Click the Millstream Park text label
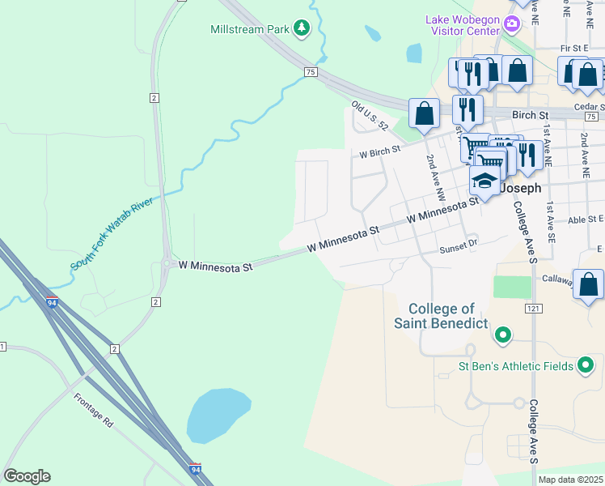point(249,29)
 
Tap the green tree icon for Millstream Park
point(302,29)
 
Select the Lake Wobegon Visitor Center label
point(463,25)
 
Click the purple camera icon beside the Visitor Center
point(511,23)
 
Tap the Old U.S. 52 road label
point(370,117)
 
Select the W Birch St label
point(380,151)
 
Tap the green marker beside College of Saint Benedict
point(503,334)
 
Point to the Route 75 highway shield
point(311,72)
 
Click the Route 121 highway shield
point(532,309)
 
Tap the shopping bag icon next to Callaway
point(588,285)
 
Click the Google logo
point(27,476)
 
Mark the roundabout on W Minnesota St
point(167,263)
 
